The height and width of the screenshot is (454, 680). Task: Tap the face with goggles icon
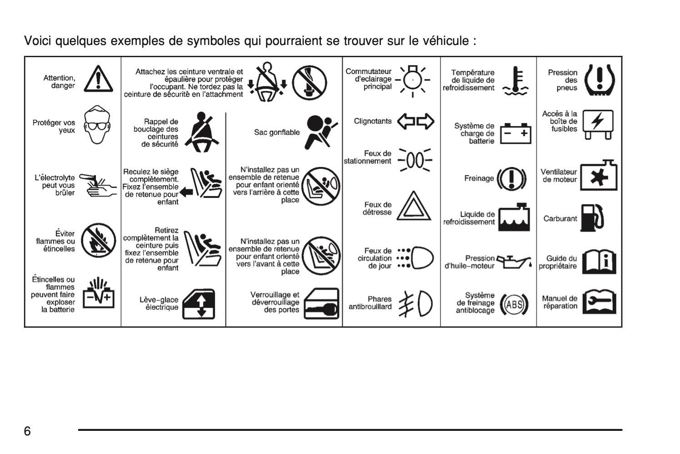pos(97,125)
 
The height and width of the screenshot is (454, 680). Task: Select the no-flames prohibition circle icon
pos(98,241)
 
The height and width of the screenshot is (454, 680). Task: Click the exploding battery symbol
pos(99,293)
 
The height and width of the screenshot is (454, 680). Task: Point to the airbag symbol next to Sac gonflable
pos(321,132)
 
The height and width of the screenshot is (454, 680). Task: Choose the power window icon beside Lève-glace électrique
pos(199,304)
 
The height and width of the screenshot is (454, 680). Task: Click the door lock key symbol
pos(321,303)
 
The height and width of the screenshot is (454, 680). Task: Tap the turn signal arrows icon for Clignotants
pos(415,121)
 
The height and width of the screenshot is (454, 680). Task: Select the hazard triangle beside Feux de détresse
pos(414,206)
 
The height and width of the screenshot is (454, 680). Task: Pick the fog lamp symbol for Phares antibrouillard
pos(415,304)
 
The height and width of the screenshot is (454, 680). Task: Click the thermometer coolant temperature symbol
pos(515,81)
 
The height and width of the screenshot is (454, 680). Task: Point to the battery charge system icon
pos(515,133)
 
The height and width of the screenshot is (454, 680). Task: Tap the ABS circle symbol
pos(514,304)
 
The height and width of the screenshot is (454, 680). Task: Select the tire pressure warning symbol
pos(600,80)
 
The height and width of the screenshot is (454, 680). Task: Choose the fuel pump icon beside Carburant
pos(592,218)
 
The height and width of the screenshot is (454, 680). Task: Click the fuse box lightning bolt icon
pos(598,124)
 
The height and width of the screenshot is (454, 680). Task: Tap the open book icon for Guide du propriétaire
pos(599,262)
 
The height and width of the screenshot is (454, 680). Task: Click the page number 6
pos(27,431)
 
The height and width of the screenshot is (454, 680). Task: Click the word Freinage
pos(479,178)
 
